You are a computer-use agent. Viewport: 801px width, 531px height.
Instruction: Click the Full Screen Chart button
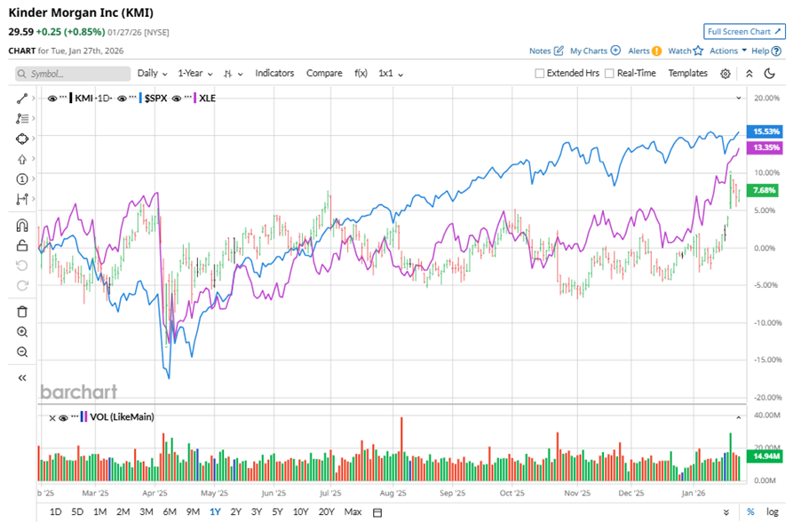[x=744, y=32]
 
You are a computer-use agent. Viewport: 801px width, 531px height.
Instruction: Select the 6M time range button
[x=170, y=511]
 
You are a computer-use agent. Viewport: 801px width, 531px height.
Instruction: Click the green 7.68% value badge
[x=764, y=190]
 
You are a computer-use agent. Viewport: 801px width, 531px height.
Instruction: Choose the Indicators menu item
[x=274, y=73]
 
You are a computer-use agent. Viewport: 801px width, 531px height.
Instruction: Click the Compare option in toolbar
[x=324, y=73]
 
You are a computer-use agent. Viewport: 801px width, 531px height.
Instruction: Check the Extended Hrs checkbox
[x=540, y=74]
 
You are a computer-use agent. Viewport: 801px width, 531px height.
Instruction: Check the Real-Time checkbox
[x=609, y=74]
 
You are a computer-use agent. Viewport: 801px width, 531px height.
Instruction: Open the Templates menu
[x=687, y=73]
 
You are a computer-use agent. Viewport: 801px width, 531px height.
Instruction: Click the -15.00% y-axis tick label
[x=765, y=360]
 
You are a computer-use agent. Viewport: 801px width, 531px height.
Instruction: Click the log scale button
[x=773, y=511]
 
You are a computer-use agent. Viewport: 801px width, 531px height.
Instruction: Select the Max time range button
[x=353, y=511]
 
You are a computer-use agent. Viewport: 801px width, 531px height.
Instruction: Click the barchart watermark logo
[x=78, y=392]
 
